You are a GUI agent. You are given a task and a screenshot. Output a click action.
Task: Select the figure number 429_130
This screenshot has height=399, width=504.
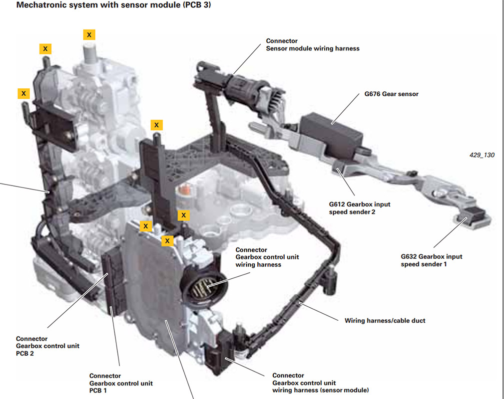click(x=481, y=155)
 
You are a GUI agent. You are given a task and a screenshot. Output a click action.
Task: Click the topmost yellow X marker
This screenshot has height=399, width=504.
click(x=89, y=34)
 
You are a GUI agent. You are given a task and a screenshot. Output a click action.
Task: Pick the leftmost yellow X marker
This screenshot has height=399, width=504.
click(x=23, y=93)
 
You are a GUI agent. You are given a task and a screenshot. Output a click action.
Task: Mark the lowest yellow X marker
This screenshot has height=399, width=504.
click(x=168, y=241)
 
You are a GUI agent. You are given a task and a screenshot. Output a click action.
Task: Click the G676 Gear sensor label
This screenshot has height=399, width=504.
click(x=392, y=94)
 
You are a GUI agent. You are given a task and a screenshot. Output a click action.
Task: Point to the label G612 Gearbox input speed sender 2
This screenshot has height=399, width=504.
click(x=360, y=208)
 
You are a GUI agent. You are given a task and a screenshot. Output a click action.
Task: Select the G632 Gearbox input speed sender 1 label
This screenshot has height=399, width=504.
click(x=432, y=260)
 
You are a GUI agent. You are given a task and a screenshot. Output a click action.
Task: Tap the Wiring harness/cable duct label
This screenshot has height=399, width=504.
click(x=385, y=320)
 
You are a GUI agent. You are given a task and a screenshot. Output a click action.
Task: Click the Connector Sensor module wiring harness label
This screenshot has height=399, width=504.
click(x=312, y=45)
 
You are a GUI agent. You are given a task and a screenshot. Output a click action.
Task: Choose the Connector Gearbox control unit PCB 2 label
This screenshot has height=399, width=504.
click(x=47, y=346)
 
